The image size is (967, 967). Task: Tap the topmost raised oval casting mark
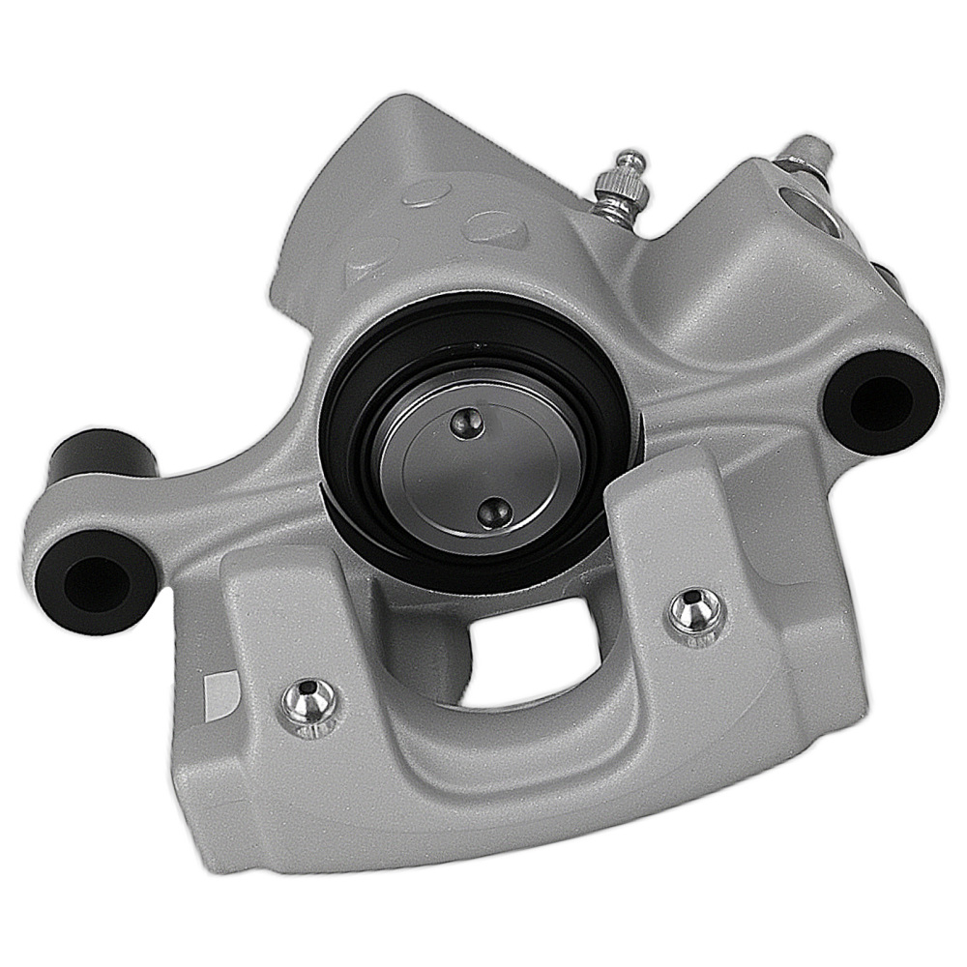(x=426, y=190)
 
